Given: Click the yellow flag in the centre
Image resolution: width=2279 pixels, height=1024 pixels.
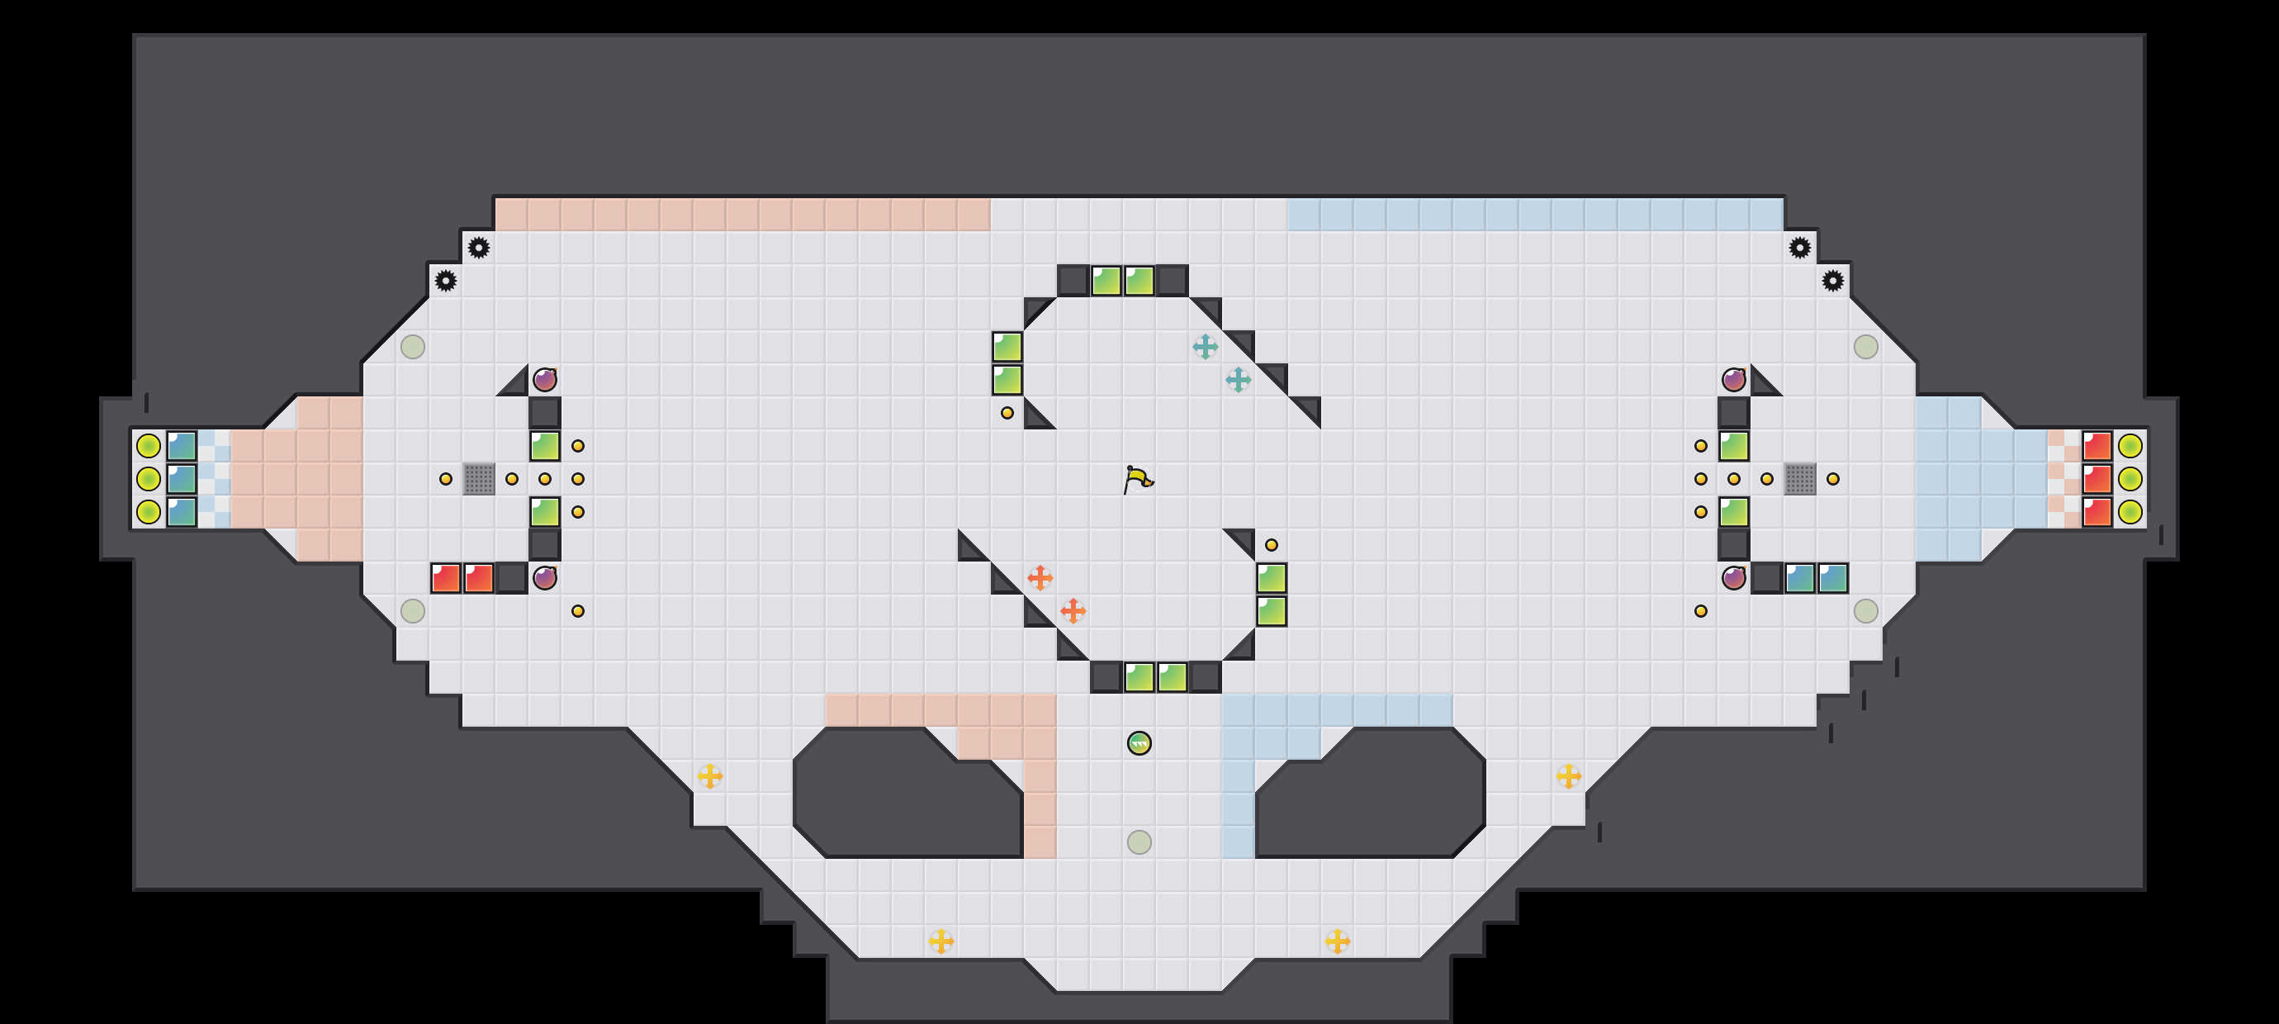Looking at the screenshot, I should pyautogui.click(x=1138, y=479).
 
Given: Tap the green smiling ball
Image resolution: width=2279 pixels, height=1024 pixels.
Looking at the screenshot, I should pyautogui.click(x=1139, y=743).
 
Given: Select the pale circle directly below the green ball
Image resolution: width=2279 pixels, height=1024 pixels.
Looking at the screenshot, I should pyautogui.click(x=1139, y=841).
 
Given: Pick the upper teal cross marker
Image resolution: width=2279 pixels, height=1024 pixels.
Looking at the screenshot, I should pyautogui.click(x=1205, y=347).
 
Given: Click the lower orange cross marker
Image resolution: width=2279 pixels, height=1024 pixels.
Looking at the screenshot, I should pyautogui.click(x=1073, y=610).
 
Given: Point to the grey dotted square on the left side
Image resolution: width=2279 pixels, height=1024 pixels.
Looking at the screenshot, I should pyautogui.click(x=479, y=479).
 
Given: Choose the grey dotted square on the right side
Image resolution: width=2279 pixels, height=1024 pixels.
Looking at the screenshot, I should pyautogui.click(x=1799, y=479).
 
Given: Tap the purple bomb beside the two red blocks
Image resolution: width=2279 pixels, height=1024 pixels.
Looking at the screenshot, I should pyautogui.click(x=545, y=578).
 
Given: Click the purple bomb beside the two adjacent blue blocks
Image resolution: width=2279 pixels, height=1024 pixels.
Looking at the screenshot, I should pyautogui.click(x=1734, y=578).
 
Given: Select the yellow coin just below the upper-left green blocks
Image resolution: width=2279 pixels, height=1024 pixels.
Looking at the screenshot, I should pyautogui.click(x=1007, y=412).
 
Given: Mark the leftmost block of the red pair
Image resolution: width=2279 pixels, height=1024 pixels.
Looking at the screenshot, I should pyautogui.click(x=446, y=578).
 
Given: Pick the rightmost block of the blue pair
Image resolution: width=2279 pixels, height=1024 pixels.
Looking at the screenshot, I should pyautogui.click(x=1833, y=578).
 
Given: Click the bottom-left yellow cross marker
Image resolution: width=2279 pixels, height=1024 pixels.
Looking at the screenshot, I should pyautogui.click(x=941, y=941).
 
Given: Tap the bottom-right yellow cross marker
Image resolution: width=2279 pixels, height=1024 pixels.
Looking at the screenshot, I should pyautogui.click(x=1338, y=941).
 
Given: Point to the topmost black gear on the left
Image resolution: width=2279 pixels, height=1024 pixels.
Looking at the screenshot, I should pyautogui.click(x=479, y=248).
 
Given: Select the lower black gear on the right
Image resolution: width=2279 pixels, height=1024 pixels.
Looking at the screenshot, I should pyautogui.click(x=1833, y=281).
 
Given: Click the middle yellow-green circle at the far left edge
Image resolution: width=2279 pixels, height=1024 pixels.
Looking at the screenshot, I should pyautogui.click(x=149, y=479).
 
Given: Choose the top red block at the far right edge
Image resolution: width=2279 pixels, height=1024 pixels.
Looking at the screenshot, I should pyautogui.click(x=2097, y=446).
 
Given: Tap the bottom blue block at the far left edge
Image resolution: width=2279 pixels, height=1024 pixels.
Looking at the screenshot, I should pyautogui.click(x=182, y=511).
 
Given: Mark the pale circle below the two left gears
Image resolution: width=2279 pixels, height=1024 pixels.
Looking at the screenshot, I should pyautogui.click(x=413, y=347).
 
